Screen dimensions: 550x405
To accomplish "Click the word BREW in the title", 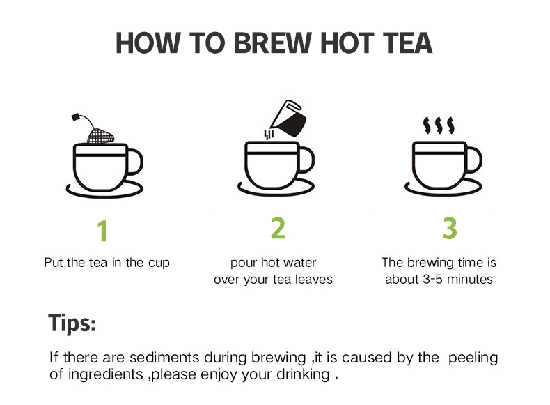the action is (x=272, y=43).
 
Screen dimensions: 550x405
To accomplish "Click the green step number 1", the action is (x=102, y=231).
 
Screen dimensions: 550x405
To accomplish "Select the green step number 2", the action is (x=278, y=228).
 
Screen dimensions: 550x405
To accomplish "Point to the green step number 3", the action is (x=450, y=228).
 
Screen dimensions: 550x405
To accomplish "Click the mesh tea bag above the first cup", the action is (x=100, y=137).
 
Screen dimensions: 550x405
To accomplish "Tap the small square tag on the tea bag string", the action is (x=75, y=117).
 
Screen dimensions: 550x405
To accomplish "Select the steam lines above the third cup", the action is (x=439, y=125).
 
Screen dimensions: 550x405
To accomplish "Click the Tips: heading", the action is (x=72, y=323).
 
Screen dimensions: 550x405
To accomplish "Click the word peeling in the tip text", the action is (x=473, y=358).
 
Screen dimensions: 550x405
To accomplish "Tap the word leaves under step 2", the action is (x=313, y=280).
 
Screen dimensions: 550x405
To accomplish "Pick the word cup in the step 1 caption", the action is (x=159, y=263).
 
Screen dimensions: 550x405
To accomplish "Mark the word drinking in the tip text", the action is (x=304, y=375).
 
